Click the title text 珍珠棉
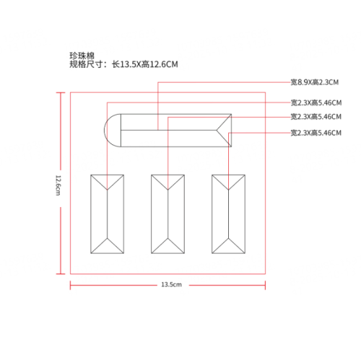tap(82, 56)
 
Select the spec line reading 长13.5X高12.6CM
tap(145, 64)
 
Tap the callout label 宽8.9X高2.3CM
tap(315, 82)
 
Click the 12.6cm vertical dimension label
tap(58, 185)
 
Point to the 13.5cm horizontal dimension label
tap(171, 284)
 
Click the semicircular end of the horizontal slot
tap(105, 131)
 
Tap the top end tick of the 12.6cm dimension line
tap(61, 92)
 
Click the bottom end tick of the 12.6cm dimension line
tap(61, 273)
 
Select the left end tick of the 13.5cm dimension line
tap(70, 285)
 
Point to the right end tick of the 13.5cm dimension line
tap(265, 285)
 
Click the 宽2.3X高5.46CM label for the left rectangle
tap(316, 102)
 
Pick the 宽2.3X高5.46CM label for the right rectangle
tap(316, 133)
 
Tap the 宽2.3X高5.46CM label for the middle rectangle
tap(316, 117)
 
